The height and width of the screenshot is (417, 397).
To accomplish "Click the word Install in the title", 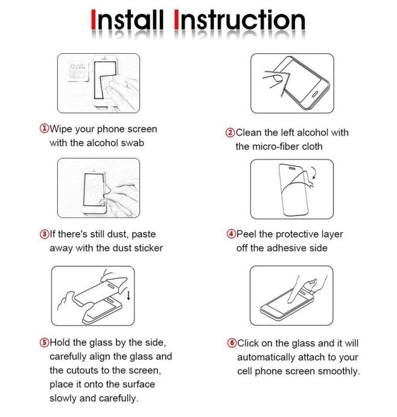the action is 127,20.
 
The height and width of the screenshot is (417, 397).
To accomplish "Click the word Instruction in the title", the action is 240,20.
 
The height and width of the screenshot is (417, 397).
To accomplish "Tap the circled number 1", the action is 45,129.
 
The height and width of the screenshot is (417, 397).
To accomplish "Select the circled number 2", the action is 230,132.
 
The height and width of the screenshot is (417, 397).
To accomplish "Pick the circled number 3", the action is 45,234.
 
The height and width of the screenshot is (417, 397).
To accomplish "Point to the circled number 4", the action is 231,234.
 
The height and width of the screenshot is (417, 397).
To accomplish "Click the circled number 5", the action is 45,342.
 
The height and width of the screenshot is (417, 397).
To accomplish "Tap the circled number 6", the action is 232,343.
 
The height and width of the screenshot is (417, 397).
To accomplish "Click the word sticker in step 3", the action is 148,248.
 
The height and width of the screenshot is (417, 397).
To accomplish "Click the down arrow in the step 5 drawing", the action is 129,296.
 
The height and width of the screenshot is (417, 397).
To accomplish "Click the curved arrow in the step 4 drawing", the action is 314,173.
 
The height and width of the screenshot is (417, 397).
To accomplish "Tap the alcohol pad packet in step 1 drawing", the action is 78,71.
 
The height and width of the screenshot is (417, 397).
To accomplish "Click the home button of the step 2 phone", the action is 315,94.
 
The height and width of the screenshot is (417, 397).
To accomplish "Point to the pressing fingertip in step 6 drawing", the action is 290,300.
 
